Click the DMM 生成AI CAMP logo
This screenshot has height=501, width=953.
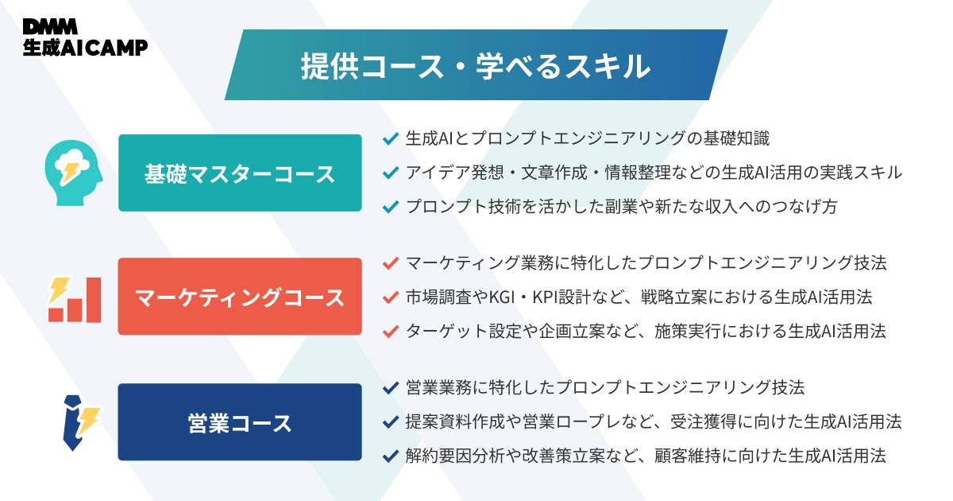point(85,37)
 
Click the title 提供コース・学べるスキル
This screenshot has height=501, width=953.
point(475,65)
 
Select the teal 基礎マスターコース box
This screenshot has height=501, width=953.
point(240,173)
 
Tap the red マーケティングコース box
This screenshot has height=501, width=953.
point(240,297)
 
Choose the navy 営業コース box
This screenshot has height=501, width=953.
point(240,422)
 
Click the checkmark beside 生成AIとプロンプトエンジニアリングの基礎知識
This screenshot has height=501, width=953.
point(390,138)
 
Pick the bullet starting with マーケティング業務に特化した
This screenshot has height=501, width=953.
point(645,262)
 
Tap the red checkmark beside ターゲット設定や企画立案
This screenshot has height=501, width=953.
point(390,331)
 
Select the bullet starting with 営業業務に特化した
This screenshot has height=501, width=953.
point(604,387)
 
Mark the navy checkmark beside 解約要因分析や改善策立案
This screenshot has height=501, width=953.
point(390,456)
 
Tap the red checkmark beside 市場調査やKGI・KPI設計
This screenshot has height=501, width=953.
point(390,297)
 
